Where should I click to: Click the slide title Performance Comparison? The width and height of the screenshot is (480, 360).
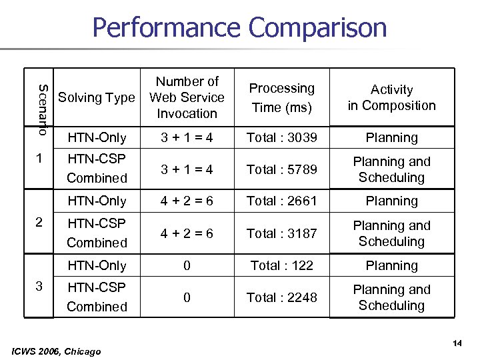click(x=239, y=28)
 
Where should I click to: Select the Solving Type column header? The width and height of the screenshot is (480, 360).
click(x=97, y=97)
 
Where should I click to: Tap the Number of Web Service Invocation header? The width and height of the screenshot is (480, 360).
click(x=187, y=97)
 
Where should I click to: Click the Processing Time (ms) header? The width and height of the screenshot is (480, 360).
click(x=281, y=97)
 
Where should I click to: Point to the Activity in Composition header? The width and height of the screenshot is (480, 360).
click(x=391, y=97)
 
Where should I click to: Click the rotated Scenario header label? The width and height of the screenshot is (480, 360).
click(x=42, y=109)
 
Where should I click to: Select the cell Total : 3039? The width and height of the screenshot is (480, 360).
click(x=282, y=137)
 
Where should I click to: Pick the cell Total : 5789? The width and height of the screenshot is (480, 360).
click(x=282, y=169)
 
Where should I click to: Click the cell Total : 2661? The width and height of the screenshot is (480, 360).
click(x=282, y=201)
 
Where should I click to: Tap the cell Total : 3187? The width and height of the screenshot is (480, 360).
click(x=282, y=233)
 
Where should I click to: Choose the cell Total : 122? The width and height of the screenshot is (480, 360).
click(x=282, y=265)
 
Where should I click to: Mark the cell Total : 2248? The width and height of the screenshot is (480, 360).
click(x=282, y=297)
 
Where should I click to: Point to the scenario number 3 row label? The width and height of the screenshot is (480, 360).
click(x=39, y=286)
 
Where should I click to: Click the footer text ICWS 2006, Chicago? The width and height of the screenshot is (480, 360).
click(x=57, y=351)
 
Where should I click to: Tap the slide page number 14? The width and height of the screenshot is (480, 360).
click(x=457, y=343)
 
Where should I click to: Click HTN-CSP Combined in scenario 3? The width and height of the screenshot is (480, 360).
click(x=97, y=297)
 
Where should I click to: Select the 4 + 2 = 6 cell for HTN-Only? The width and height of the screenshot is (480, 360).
click(x=187, y=201)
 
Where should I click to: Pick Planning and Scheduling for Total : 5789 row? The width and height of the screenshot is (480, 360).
click(x=391, y=169)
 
